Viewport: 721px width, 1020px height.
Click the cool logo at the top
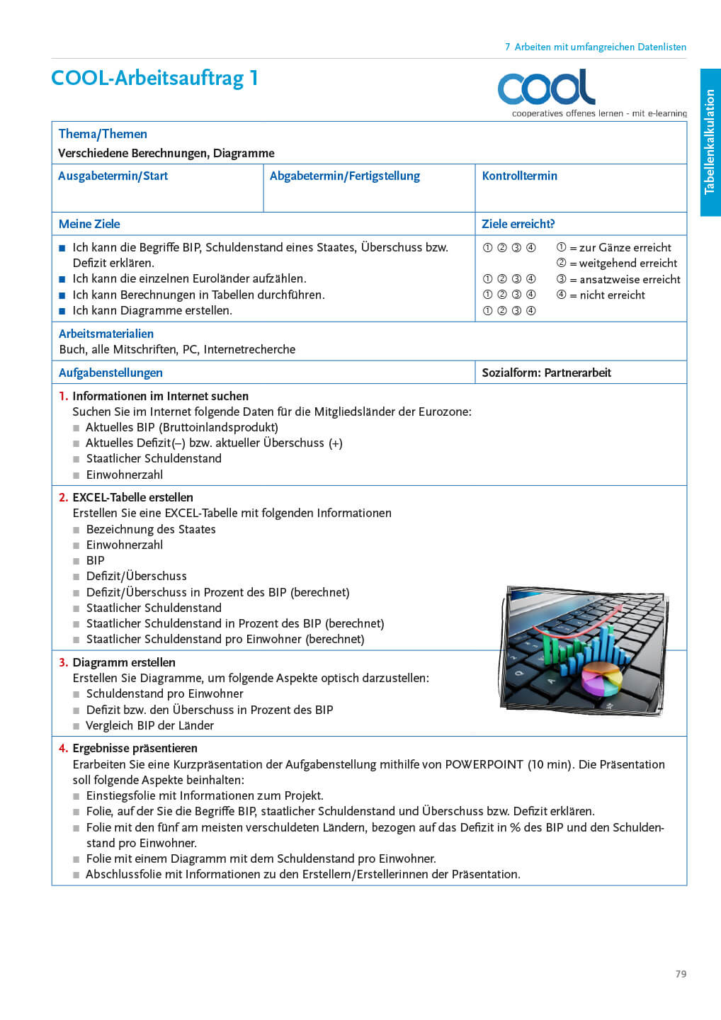click(546, 88)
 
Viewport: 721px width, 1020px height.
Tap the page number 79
click(681, 974)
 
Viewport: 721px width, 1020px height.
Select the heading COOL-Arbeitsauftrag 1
click(154, 78)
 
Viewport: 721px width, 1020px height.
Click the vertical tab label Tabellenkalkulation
click(710, 142)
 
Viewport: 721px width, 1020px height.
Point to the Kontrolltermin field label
click(519, 176)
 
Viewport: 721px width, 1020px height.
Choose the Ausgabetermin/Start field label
click(113, 176)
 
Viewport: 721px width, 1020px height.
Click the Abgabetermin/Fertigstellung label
click(344, 176)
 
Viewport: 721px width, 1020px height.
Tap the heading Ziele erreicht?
click(518, 224)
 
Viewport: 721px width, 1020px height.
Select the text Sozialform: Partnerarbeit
click(546, 373)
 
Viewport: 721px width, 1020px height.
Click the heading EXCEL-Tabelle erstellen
click(132, 497)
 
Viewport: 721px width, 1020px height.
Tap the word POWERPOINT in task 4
click(484, 764)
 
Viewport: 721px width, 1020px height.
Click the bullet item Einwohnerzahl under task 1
click(124, 475)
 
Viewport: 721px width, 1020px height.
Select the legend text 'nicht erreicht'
click(612, 295)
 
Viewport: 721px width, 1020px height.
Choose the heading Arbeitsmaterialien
click(106, 334)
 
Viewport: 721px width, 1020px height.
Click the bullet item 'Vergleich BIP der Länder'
click(149, 725)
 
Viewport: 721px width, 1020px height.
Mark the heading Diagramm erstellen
click(123, 662)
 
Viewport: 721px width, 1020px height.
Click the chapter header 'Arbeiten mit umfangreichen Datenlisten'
click(600, 47)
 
